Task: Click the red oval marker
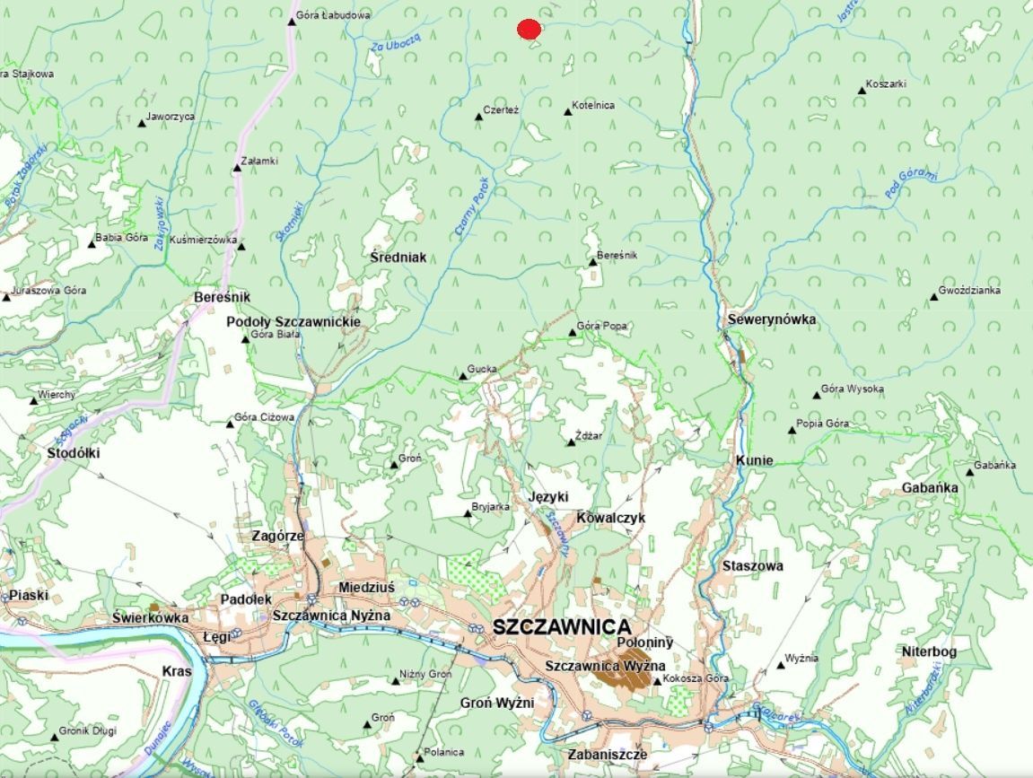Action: click(529, 30)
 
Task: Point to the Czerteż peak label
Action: click(501, 109)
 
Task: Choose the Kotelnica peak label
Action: click(593, 105)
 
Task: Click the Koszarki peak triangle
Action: click(862, 91)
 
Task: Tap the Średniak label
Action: click(398, 258)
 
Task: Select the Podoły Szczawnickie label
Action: click(293, 321)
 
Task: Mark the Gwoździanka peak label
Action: click(970, 291)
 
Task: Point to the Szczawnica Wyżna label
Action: click(605, 666)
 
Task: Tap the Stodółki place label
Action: click(73, 453)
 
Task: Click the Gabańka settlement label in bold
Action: click(930, 487)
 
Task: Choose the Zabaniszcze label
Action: click(607, 755)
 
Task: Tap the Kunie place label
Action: click(754, 460)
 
